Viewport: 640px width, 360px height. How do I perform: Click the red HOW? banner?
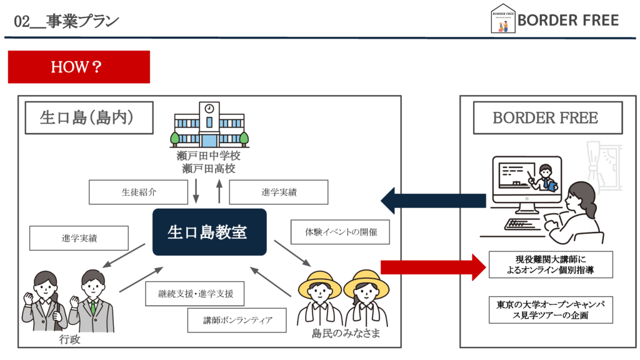pos(79,67)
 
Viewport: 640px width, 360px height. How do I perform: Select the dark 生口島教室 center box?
pos(209,232)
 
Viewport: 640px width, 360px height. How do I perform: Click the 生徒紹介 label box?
pos(138,192)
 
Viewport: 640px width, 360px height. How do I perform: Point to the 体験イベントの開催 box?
pos(341,232)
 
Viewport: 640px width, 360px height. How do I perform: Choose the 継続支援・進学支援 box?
pos(194,293)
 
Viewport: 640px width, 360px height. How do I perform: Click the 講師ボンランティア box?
pos(237,319)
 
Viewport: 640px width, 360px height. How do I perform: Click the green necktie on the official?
pos(93,307)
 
